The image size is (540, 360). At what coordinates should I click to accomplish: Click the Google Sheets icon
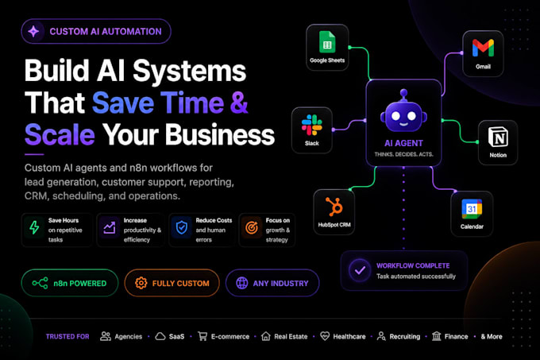pos(327,42)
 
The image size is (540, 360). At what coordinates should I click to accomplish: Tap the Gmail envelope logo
pos(483,48)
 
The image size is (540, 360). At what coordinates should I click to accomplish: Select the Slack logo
pos(311,125)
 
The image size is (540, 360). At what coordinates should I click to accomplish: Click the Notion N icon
pos(498,137)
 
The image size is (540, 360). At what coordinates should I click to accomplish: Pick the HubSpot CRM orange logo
pos(334,207)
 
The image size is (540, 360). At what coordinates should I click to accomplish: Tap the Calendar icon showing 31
pos(472,209)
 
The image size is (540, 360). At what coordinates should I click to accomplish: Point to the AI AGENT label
pos(403,143)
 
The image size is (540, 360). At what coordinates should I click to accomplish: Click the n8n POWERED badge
pos(70,283)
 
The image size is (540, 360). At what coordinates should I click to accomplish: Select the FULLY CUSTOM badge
pos(172,283)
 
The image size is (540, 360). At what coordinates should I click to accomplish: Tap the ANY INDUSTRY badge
pos(272,283)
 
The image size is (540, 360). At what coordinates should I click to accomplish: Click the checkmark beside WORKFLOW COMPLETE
pos(360,270)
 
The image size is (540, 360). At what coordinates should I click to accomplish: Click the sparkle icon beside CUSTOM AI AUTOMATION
pos(33,31)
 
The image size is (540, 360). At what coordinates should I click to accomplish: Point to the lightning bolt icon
pos(34,228)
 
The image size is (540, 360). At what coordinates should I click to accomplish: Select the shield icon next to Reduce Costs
pos(182,228)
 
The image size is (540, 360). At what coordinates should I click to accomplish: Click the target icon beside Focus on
pos(252,228)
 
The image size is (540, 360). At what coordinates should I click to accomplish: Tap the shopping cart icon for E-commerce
pos(202,336)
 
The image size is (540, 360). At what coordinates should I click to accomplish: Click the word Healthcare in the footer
pos(349,337)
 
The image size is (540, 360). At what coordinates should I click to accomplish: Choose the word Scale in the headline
pos(60,134)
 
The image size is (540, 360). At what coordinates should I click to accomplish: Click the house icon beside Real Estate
pos(265,336)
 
